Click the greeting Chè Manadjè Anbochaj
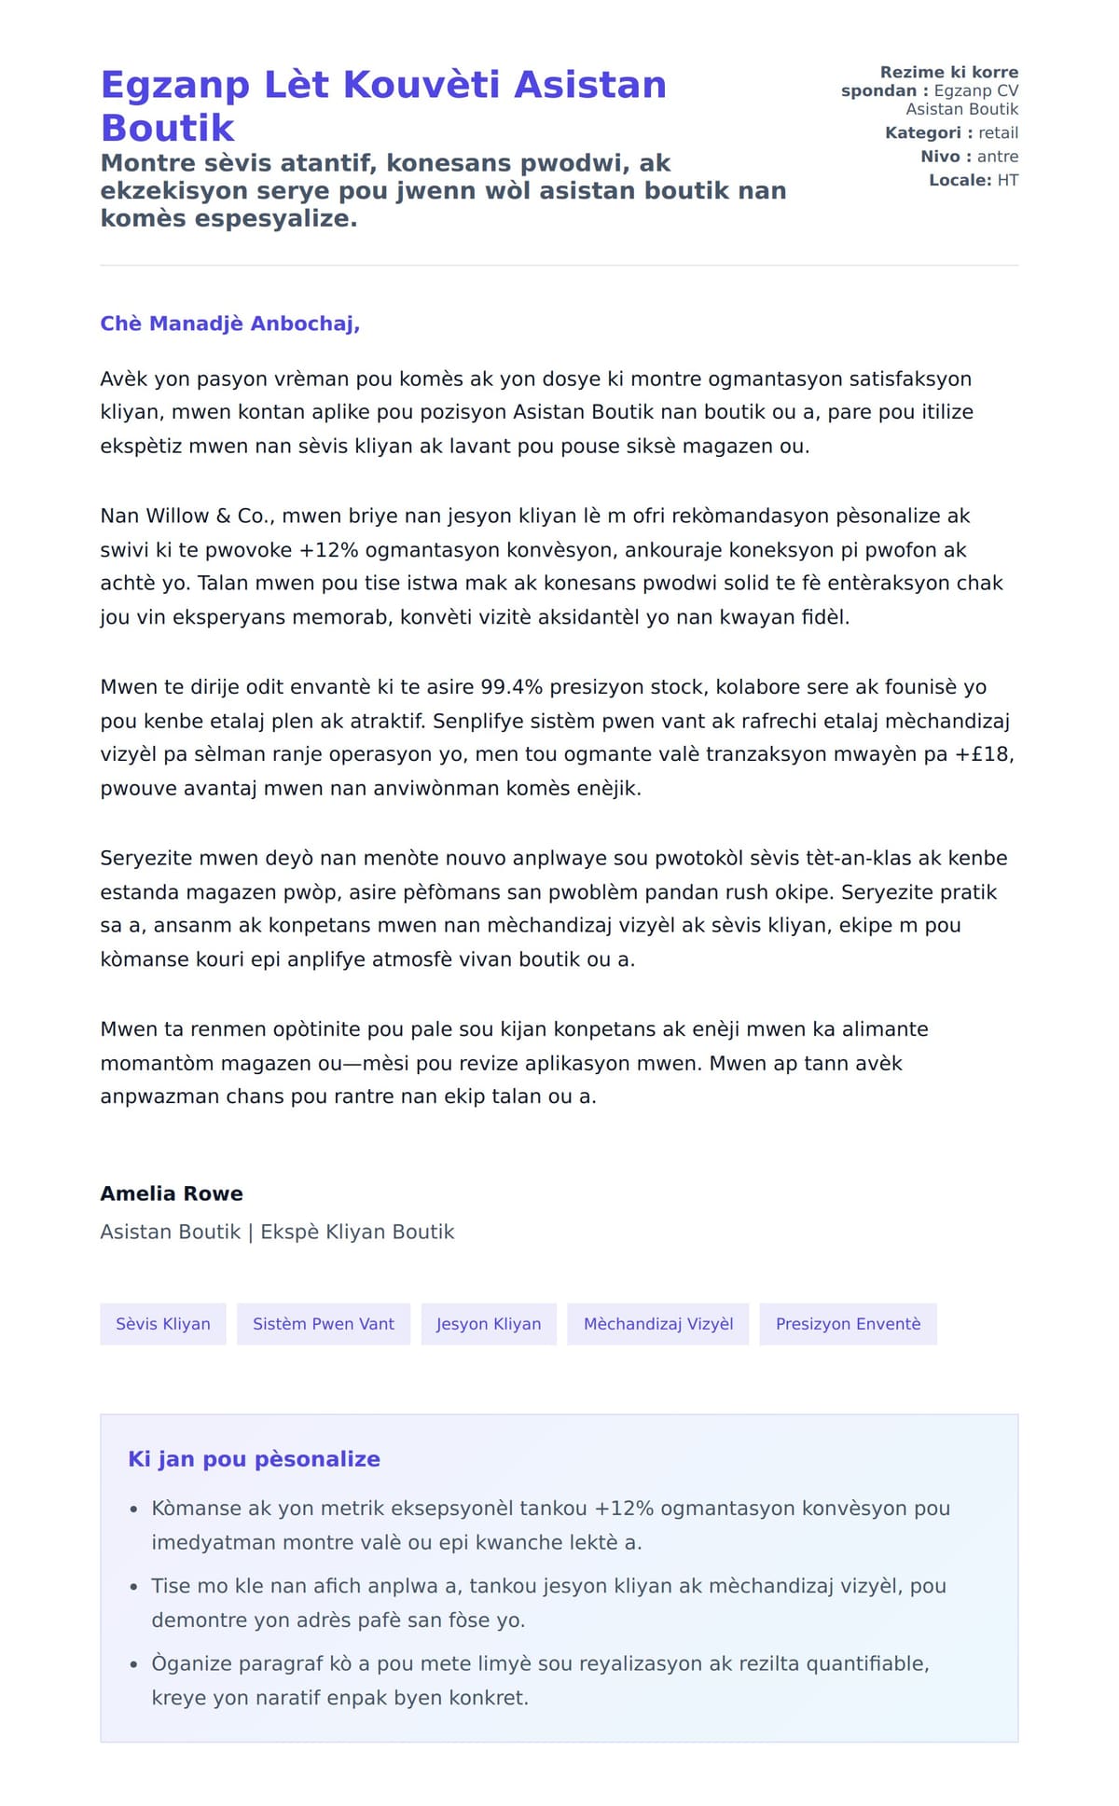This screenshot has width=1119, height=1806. [229, 324]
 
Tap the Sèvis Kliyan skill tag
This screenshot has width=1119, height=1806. [163, 1324]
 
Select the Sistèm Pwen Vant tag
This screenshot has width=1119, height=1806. [324, 1324]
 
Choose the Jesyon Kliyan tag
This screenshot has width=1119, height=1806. [489, 1324]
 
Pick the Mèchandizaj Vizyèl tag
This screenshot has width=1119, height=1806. [658, 1324]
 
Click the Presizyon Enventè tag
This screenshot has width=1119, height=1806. [848, 1324]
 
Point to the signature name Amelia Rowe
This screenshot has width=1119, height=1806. [172, 1193]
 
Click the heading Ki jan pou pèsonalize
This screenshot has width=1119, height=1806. [254, 1459]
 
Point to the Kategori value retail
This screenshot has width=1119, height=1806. [998, 133]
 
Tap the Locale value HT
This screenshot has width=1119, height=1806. [1007, 180]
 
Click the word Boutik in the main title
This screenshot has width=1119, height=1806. [168, 128]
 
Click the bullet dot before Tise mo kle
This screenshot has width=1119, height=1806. [134, 1587]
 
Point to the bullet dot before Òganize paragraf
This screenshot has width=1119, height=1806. [134, 1664]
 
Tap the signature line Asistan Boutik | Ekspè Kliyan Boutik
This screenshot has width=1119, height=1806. [277, 1232]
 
